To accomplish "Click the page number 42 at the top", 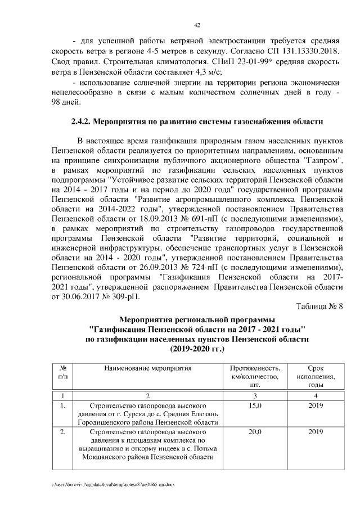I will tap(197, 25).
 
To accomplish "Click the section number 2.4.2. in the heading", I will tap(80, 121).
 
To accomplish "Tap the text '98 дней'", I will tap(66, 102).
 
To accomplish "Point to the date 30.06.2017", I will tap(87, 298).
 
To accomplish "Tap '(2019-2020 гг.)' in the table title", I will tap(197, 349).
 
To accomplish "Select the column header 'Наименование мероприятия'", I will tap(148, 368).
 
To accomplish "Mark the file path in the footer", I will tap(112, 484).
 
